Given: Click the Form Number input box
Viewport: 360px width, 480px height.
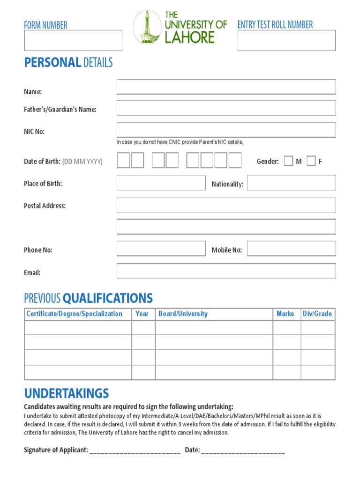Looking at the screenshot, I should (73, 40).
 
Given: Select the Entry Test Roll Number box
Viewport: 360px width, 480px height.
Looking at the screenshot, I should (286, 40).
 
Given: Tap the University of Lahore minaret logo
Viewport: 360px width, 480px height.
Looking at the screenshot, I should (147, 27).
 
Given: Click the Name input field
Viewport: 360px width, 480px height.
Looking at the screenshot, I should (226, 87).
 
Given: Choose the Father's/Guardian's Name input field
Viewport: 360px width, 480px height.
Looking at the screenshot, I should (226, 108).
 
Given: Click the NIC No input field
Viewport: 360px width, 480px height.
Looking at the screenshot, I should (226, 130).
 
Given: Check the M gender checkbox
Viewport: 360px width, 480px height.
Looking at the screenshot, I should (289, 161).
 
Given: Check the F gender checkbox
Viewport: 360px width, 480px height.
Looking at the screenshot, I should (311, 161).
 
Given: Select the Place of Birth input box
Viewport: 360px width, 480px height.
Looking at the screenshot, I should (161, 183).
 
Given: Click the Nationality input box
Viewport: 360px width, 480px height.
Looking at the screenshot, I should (291, 183).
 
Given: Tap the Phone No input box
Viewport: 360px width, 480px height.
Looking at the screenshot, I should (161, 248).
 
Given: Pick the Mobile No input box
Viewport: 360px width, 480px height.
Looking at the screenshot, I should (291, 248).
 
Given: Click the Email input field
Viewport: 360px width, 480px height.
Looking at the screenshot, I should (226, 271).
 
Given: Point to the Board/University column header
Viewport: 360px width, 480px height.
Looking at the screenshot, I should (183, 314).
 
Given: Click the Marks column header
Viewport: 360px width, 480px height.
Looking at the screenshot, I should (285, 314).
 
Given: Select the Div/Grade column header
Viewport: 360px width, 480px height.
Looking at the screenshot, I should (317, 314).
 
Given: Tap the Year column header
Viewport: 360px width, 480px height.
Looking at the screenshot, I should (142, 314).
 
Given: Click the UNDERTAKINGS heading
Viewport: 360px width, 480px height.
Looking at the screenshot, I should (67, 393).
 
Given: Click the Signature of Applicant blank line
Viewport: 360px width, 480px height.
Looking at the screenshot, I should (135, 451).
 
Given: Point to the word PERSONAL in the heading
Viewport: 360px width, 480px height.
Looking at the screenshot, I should (52, 63).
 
